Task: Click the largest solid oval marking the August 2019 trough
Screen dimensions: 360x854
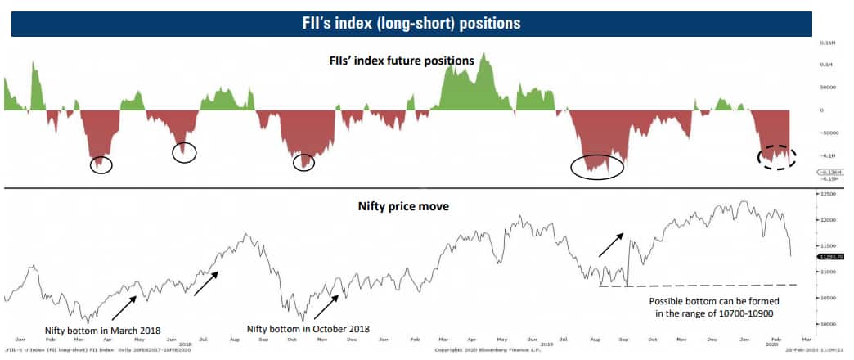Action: click(597, 166)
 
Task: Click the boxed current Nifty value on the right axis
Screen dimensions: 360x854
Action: click(833, 256)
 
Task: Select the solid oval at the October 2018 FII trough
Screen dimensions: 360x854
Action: click(303, 163)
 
